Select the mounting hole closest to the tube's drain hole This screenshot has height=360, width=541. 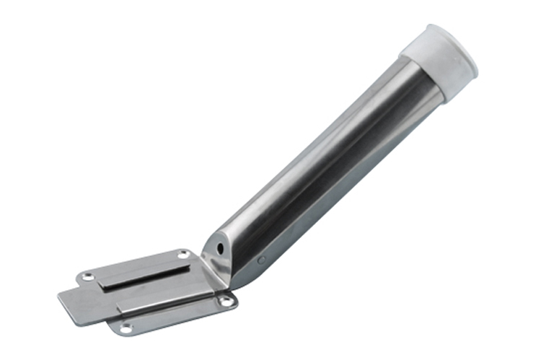(182, 254)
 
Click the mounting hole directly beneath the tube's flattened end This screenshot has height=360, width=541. (226, 301)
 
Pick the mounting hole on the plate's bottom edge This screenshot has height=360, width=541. (126, 328)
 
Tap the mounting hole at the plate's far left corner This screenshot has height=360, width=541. (88, 276)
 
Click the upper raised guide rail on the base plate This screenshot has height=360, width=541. (144, 274)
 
